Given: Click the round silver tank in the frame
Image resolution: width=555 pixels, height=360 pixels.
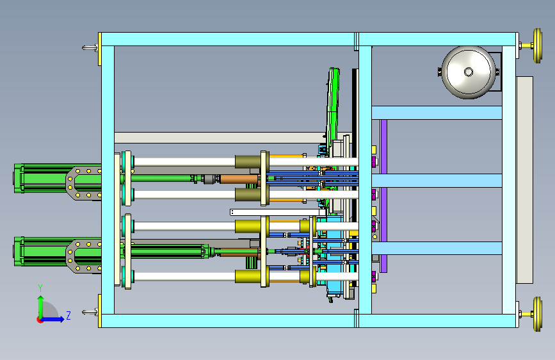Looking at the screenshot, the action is [x=469, y=72].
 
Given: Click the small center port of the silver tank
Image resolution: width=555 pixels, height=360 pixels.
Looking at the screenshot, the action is [x=469, y=72].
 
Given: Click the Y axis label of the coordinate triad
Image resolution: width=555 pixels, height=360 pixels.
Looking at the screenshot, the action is [x=40, y=288].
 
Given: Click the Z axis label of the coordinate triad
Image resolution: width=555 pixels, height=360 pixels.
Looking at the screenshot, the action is [x=68, y=315].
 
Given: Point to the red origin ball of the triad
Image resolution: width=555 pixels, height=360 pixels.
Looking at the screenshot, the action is [x=40, y=320].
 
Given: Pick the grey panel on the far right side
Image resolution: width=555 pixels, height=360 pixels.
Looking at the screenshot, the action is [x=524, y=180].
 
